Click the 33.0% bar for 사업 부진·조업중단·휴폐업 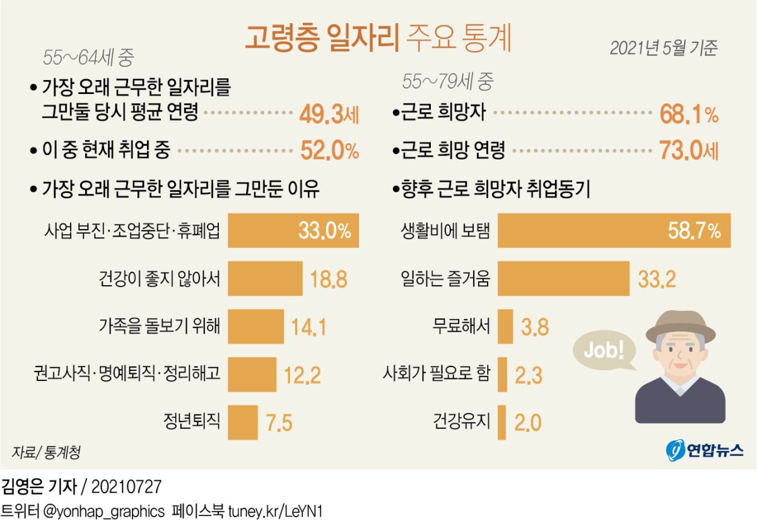point(293,231)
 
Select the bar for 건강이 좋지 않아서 point(265,279)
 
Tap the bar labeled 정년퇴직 point(242,422)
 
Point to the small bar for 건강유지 point(502,422)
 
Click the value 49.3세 point(329,115)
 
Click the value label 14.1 point(308,327)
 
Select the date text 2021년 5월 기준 point(664,49)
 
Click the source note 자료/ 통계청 point(45,452)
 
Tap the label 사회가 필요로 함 point(436,374)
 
